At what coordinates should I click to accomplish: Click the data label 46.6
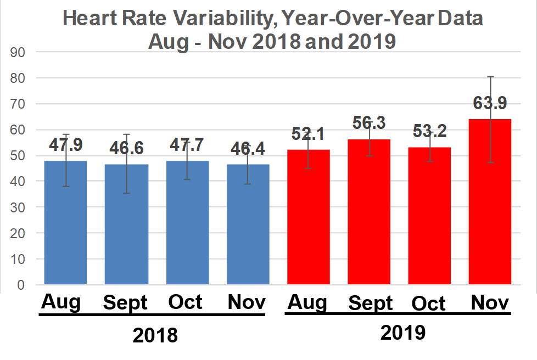coord(126,148)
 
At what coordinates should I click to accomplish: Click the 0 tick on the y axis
coord(22,285)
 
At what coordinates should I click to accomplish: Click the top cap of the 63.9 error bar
coord(490,77)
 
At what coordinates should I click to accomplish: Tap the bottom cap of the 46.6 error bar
coord(126,193)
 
